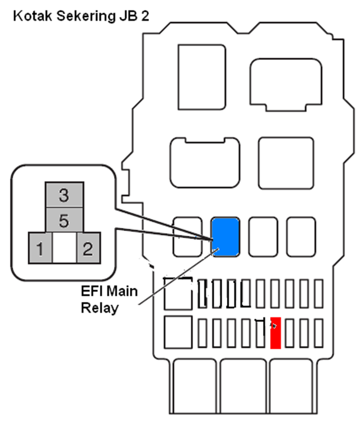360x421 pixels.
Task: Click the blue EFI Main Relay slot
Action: pos(225,237)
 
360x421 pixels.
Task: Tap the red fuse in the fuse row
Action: pos(275,333)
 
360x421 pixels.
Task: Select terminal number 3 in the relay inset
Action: pos(64,195)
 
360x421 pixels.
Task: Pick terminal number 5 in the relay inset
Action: pos(64,220)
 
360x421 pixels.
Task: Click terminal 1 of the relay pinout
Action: pos(40,248)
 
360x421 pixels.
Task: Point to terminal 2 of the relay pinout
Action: pos(89,248)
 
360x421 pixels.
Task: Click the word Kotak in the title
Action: pos(33,16)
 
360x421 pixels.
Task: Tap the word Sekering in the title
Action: pos(86,17)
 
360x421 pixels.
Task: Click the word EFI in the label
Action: pos(90,291)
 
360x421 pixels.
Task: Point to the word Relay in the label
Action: pos(100,308)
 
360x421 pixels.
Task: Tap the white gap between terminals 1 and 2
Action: pos(64,248)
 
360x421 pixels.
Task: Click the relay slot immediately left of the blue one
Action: pos(187,237)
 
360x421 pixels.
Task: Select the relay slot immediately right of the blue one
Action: pos(263,237)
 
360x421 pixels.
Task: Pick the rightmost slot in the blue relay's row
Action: pos(301,237)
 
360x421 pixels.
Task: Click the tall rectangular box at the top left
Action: pos(202,77)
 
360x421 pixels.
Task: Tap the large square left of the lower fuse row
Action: pos(178,332)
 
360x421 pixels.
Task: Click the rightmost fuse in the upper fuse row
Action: pos(319,293)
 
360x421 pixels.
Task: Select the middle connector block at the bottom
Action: pos(244,387)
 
